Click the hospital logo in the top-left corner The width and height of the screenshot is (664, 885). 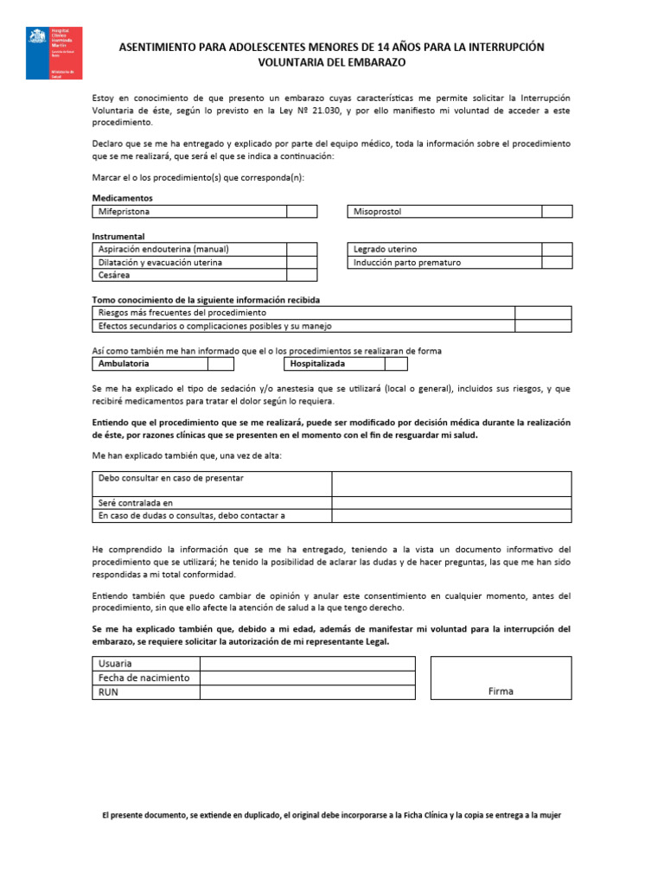point(54,53)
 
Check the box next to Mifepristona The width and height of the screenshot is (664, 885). point(302,212)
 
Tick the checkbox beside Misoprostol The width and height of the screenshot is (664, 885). point(557,212)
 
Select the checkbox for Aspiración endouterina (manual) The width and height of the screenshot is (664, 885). point(302,249)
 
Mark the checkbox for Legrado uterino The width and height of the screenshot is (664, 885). point(557,249)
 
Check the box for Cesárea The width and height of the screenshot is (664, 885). point(302,275)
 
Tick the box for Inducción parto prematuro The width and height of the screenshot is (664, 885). point(557,262)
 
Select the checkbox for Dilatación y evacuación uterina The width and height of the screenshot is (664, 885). point(302,262)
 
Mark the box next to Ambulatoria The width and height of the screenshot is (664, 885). point(221,364)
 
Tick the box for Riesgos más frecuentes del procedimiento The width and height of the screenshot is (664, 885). point(543,313)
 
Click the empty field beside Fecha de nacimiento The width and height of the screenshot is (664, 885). point(307,678)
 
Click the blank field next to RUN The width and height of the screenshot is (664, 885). point(307,692)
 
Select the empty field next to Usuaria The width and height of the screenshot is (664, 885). point(307,663)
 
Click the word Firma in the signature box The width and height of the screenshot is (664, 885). point(500,691)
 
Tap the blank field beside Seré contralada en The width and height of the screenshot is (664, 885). point(451,502)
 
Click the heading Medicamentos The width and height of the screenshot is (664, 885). point(122,198)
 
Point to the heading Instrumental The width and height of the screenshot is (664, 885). point(118,236)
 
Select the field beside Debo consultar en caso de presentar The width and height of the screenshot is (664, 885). point(451,483)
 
